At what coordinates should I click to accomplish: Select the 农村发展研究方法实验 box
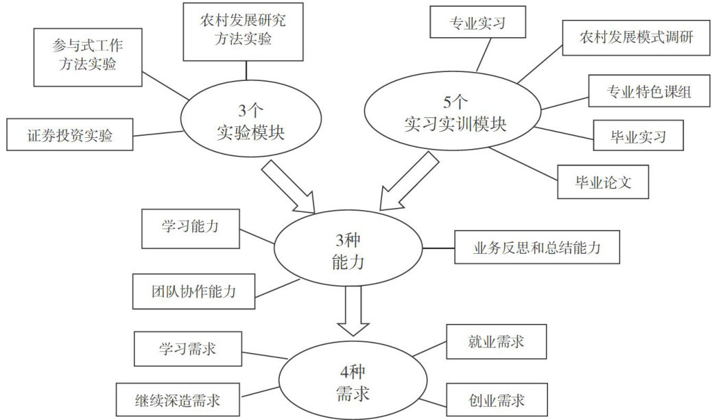[244, 30]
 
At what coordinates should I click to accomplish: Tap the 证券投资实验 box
[69, 135]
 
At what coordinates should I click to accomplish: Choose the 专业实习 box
[477, 23]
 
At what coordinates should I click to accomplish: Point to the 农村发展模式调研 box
[634, 38]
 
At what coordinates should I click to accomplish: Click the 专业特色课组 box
[648, 92]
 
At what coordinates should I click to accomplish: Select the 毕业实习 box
[638, 135]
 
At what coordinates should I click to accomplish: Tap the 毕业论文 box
[602, 182]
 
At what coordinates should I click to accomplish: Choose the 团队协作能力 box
[193, 290]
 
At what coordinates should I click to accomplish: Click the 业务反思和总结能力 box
[537, 247]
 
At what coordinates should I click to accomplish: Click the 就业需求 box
[497, 342]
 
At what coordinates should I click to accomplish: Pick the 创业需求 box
[497, 399]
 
